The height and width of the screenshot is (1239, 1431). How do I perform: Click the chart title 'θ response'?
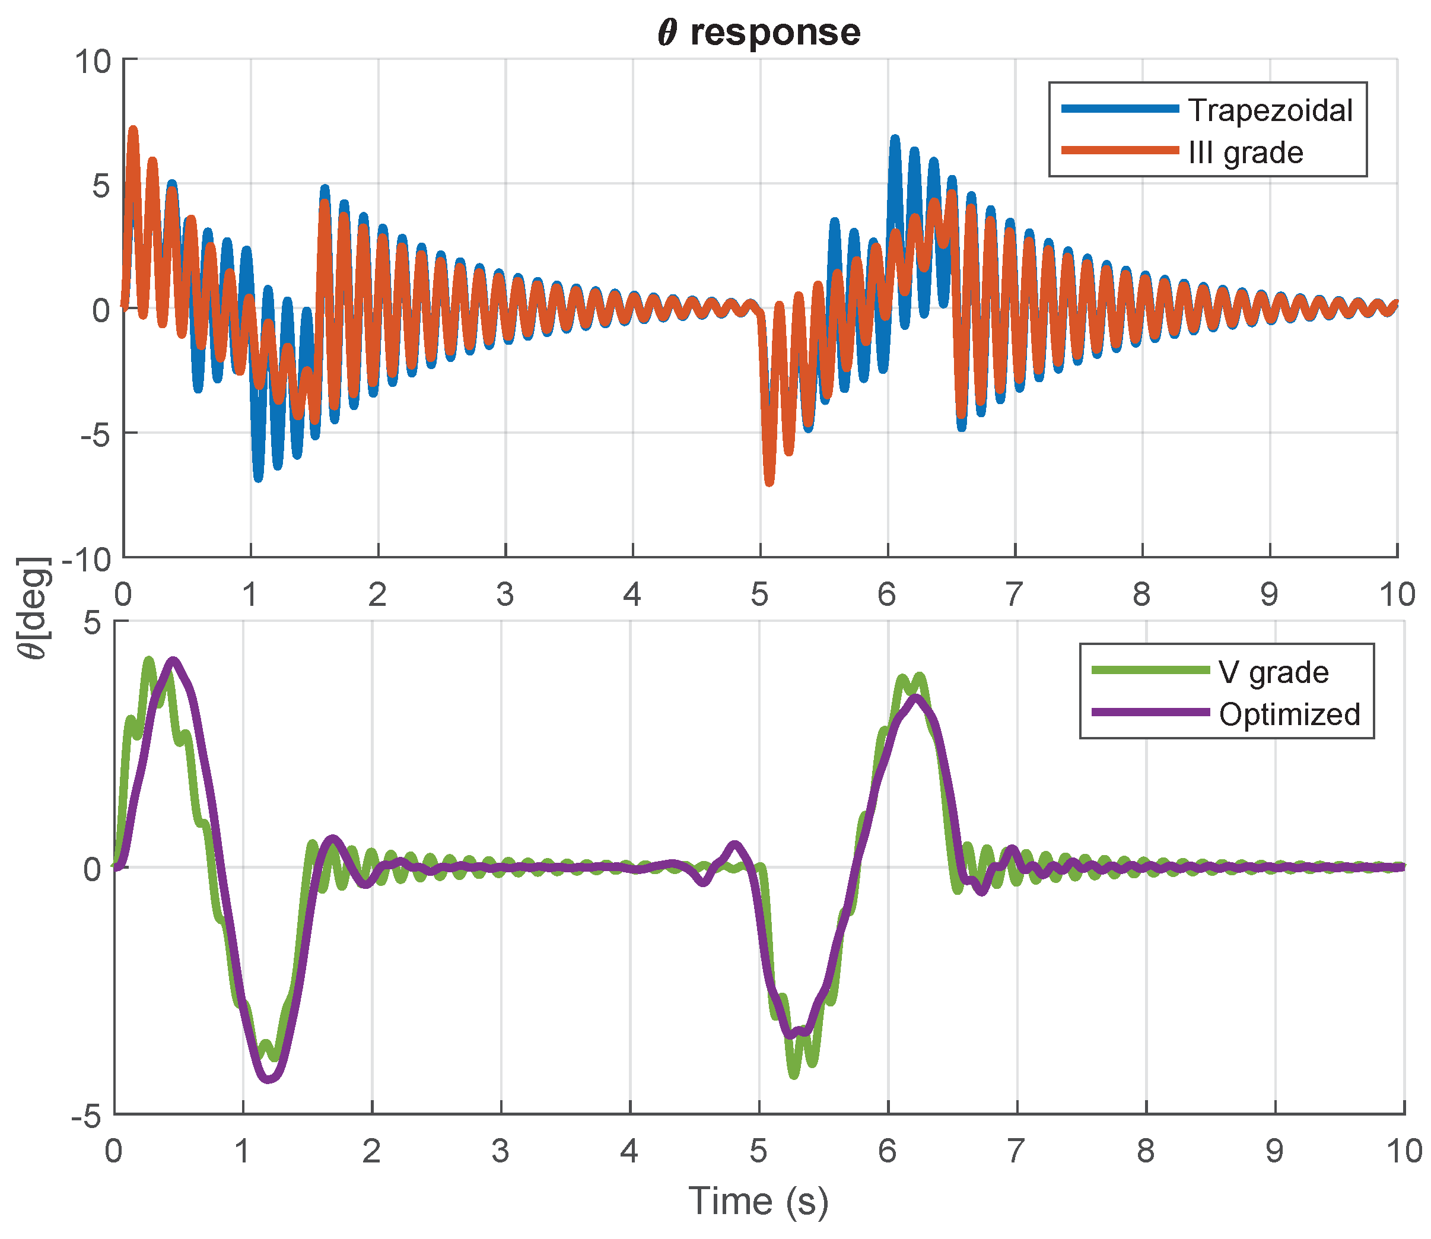coord(759,33)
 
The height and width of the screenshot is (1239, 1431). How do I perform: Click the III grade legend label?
coord(1246,152)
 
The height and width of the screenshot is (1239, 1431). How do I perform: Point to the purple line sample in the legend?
coord(1150,712)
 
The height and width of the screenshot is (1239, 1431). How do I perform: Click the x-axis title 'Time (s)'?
coord(758,1200)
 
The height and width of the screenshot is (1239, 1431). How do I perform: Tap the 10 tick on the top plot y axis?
coord(93,62)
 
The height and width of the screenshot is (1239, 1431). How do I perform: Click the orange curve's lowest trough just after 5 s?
coord(769,482)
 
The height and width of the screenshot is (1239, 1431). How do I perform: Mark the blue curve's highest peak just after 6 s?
coord(895,139)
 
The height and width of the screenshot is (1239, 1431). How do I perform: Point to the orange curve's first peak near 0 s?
coord(133,130)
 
